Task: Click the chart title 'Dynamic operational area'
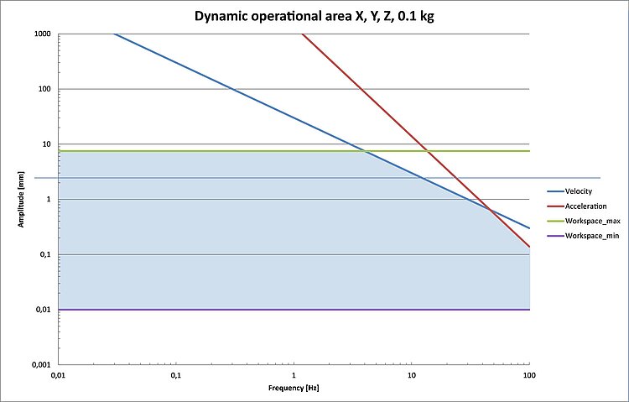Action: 314,15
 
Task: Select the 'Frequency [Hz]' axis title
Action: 294,389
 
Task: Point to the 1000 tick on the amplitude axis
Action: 41,34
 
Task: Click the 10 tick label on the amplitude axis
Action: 45,144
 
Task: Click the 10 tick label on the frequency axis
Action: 411,374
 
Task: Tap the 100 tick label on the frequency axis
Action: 528,374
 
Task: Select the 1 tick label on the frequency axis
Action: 294,374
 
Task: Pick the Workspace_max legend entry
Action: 592,221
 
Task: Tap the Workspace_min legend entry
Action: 592,236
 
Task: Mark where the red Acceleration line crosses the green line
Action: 427,151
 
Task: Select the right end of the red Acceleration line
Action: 528,247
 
